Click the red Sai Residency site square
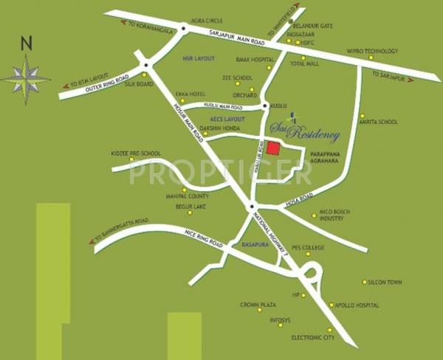[273, 148]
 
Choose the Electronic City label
[312, 337]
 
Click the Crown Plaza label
[258, 305]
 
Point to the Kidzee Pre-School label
[136, 153]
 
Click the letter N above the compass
[27, 43]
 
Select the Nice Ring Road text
[201, 238]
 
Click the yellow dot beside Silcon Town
[364, 282]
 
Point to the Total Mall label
[305, 63]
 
